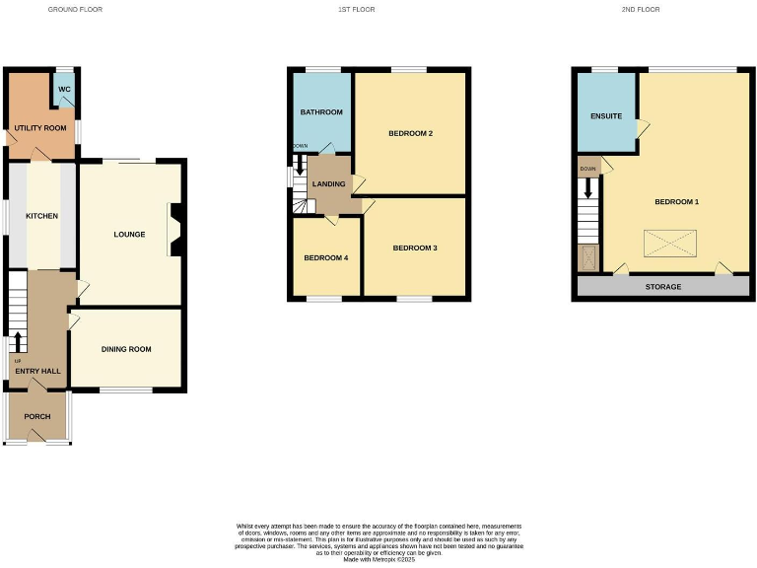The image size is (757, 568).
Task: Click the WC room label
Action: pyautogui.click(x=64, y=90)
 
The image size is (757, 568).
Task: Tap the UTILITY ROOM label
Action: pyautogui.click(x=40, y=128)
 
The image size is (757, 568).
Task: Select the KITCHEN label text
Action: pyautogui.click(x=41, y=216)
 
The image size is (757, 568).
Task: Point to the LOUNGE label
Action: pyautogui.click(x=129, y=235)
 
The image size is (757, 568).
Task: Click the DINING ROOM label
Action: pyautogui.click(x=126, y=349)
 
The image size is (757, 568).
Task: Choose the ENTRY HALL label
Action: pyautogui.click(x=37, y=371)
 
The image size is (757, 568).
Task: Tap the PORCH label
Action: pyautogui.click(x=37, y=416)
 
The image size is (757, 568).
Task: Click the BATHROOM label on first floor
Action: pyautogui.click(x=321, y=112)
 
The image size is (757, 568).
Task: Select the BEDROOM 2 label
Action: pyautogui.click(x=411, y=133)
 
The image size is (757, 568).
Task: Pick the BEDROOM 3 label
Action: pyautogui.click(x=415, y=248)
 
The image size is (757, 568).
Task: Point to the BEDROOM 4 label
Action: pyautogui.click(x=326, y=257)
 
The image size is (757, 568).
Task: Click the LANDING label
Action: pyautogui.click(x=328, y=183)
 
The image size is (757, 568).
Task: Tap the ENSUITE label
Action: pyautogui.click(x=606, y=116)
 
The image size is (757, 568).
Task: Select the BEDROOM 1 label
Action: pyautogui.click(x=677, y=202)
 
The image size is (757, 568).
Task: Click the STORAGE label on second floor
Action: pyautogui.click(x=663, y=287)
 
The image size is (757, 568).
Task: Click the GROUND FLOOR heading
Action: pyautogui.click(x=75, y=9)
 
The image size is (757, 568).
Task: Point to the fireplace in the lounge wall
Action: pyautogui.click(x=174, y=229)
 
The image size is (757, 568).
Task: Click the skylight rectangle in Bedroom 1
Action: pyautogui.click(x=670, y=244)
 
